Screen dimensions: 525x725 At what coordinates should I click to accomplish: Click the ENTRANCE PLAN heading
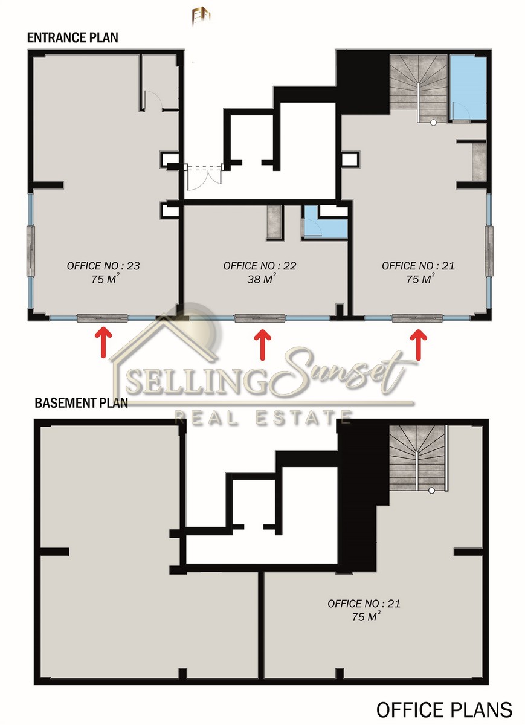pyautogui.click(x=72, y=38)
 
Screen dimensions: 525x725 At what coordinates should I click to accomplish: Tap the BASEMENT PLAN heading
pyautogui.click(x=81, y=403)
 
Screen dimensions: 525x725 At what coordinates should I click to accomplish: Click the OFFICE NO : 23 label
pyautogui.click(x=103, y=266)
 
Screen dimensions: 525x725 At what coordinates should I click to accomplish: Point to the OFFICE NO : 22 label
pyautogui.click(x=260, y=266)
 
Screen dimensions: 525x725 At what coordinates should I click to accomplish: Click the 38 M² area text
pyautogui.click(x=262, y=279)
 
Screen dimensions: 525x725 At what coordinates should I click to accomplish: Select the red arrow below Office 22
pyautogui.click(x=262, y=345)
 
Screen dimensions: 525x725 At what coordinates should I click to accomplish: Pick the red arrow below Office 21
pyautogui.click(x=419, y=345)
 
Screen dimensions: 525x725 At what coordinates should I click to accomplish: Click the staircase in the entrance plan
pyautogui.click(x=418, y=88)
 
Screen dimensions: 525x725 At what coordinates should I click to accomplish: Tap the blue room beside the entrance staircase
pyautogui.click(x=468, y=88)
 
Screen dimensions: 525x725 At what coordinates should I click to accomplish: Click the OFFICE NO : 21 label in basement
pyautogui.click(x=364, y=604)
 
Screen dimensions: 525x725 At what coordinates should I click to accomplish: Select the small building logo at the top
pyautogui.click(x=201, y=16)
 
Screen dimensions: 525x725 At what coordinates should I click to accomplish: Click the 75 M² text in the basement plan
pyautogui.click(x=366, y=616)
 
